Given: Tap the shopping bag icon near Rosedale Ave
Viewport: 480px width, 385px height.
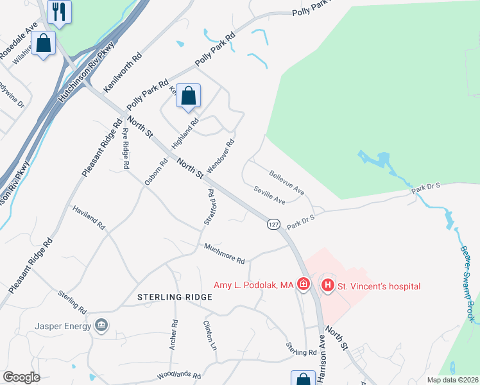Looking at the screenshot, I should pos(43,44).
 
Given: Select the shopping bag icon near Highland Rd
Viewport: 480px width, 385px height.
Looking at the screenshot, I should pos(188,96).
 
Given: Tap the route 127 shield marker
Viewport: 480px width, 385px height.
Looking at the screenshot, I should pos(274,224).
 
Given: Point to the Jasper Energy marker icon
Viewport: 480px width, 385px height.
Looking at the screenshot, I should pos(101,324).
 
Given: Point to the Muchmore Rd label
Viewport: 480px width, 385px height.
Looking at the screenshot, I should pos(225,253).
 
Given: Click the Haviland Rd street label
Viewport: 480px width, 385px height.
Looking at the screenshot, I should pos(89,218).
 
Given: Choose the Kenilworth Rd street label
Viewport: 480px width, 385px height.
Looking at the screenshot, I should pos(123,73).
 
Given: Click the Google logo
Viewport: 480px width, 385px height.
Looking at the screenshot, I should pos(21,377).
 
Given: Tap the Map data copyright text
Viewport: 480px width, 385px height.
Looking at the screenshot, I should pos(453,380).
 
